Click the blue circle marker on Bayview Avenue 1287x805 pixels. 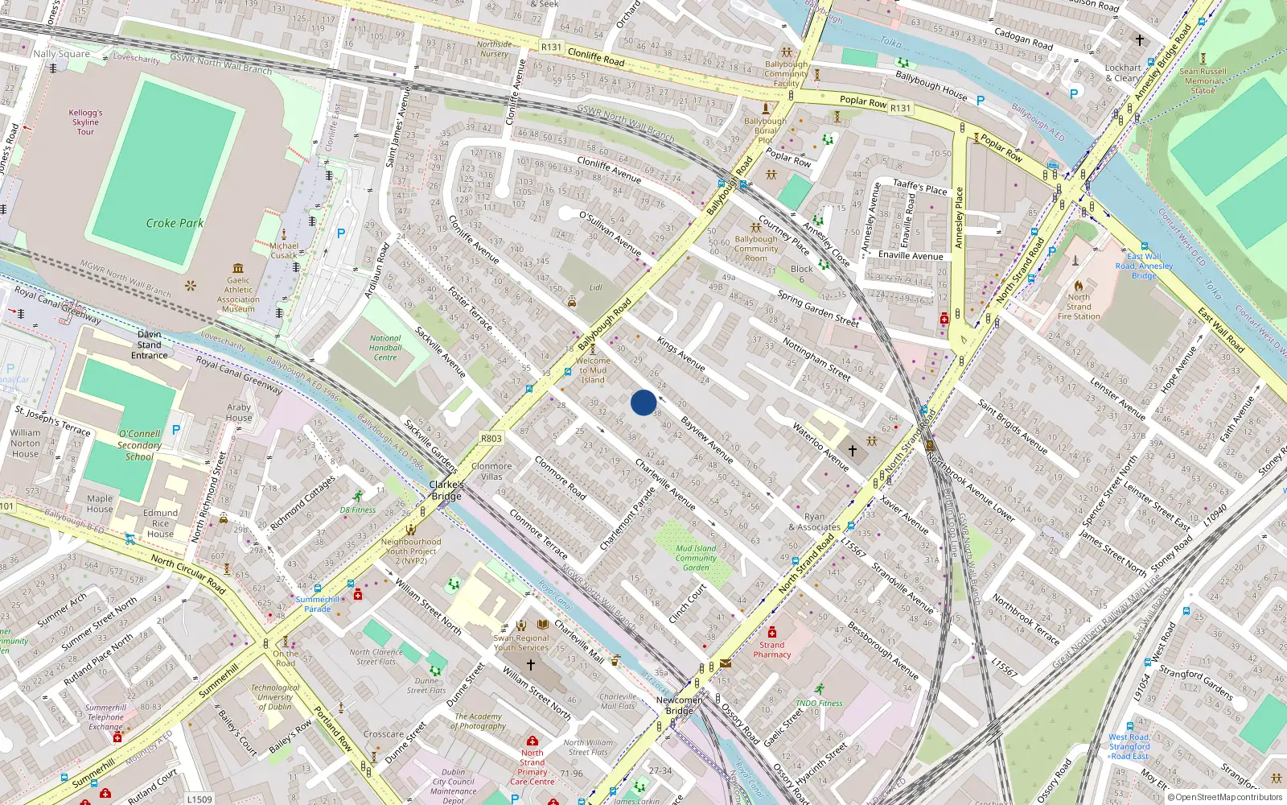click(643, 402)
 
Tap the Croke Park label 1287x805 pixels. click(175, 223)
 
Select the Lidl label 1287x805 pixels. click(595, 287)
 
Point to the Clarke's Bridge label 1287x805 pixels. click(446, 490)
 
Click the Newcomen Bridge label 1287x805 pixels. click(679, 705)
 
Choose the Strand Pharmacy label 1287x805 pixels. click(772, 650)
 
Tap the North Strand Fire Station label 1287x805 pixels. click(1079, 307)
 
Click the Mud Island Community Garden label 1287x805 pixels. click(696, 558)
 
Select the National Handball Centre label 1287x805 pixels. click(385, 348)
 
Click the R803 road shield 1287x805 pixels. click(491, 439)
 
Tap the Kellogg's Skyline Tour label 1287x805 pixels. click(85, 122)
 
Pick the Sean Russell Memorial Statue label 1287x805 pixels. click(1203, 80)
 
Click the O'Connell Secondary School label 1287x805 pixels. click(139, 445)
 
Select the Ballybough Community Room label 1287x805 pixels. click(756, 249)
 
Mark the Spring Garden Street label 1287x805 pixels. click(818, 308)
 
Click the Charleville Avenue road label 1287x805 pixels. click(665, 484)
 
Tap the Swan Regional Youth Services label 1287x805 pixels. click(521, 642)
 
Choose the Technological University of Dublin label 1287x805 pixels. click(275, 697)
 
